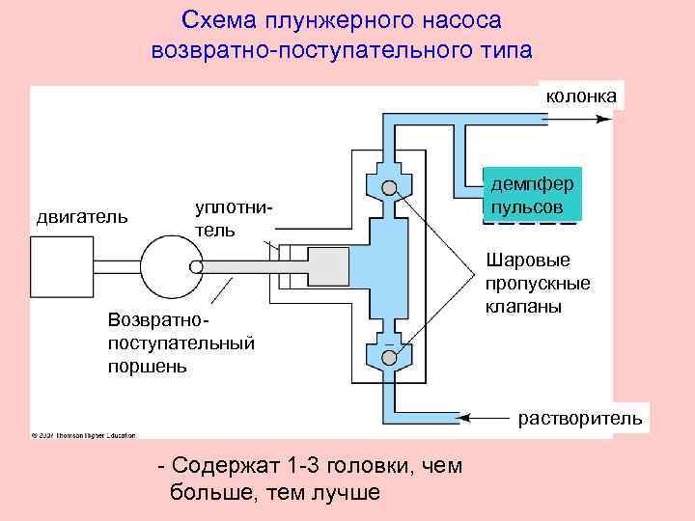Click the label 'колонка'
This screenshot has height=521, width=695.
582,96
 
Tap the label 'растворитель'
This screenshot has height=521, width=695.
579,418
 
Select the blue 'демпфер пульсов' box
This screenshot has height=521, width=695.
532,196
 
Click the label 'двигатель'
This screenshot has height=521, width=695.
82,215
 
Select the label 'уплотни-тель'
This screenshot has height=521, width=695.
228,220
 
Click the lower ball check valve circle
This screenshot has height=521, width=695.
389,358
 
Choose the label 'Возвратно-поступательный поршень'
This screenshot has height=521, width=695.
181,342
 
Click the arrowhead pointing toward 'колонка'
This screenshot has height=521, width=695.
604,119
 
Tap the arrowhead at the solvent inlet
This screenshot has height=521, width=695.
463,417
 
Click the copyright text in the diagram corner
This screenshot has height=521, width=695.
83,433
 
